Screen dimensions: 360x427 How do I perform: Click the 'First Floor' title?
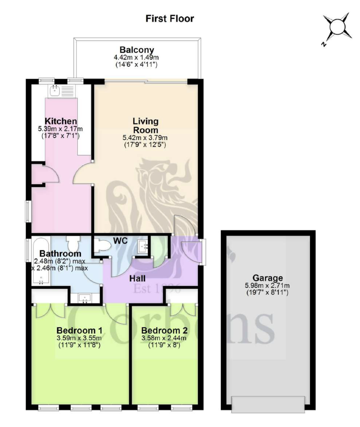[x=170, y=19]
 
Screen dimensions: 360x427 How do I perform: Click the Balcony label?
[x=137, y=50]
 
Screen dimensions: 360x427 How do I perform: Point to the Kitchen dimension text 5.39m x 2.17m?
[x=60, y=129]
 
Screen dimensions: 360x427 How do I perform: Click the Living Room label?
[x=145, y=125]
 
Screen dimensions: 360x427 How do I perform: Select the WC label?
[x=121, y=241]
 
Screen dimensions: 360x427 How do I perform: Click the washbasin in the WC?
[x=143, y=246]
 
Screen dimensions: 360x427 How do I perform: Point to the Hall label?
[x=137, y=278]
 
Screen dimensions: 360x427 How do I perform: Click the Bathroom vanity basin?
[x=85, y=298]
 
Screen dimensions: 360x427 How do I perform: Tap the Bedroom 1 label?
[x=79, y=330]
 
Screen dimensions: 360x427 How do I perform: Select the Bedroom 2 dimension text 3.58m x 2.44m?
[x=164, y=338]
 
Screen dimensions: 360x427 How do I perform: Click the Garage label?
[x=268, y=278]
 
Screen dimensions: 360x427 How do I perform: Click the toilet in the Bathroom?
[x=73, y=243]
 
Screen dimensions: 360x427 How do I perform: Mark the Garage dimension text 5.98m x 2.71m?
[x=267, y=285]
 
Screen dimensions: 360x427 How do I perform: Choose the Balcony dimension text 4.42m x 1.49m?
[x=136, y=57]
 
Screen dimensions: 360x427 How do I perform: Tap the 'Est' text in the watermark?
[x=143, y=289]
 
